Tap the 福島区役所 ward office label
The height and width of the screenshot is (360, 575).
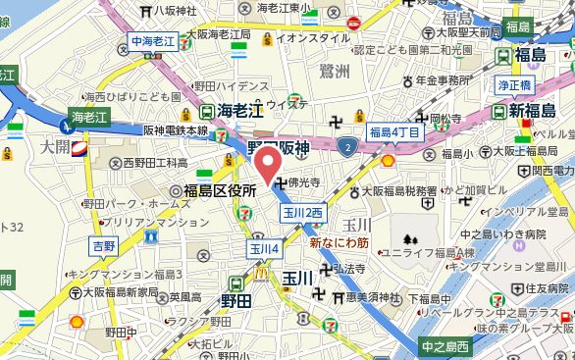(x=213, y=190)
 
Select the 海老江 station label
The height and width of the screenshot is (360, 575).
(x=240, y=110)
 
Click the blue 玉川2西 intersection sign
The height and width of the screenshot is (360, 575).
(x=302, y=212)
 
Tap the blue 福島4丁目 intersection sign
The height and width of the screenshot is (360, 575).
(x=395, y=131)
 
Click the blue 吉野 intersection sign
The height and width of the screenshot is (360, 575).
(x=102, y=243)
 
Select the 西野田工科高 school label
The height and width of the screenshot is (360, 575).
(x=147, y=162)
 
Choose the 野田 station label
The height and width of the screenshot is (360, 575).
(x=235, y=300)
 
